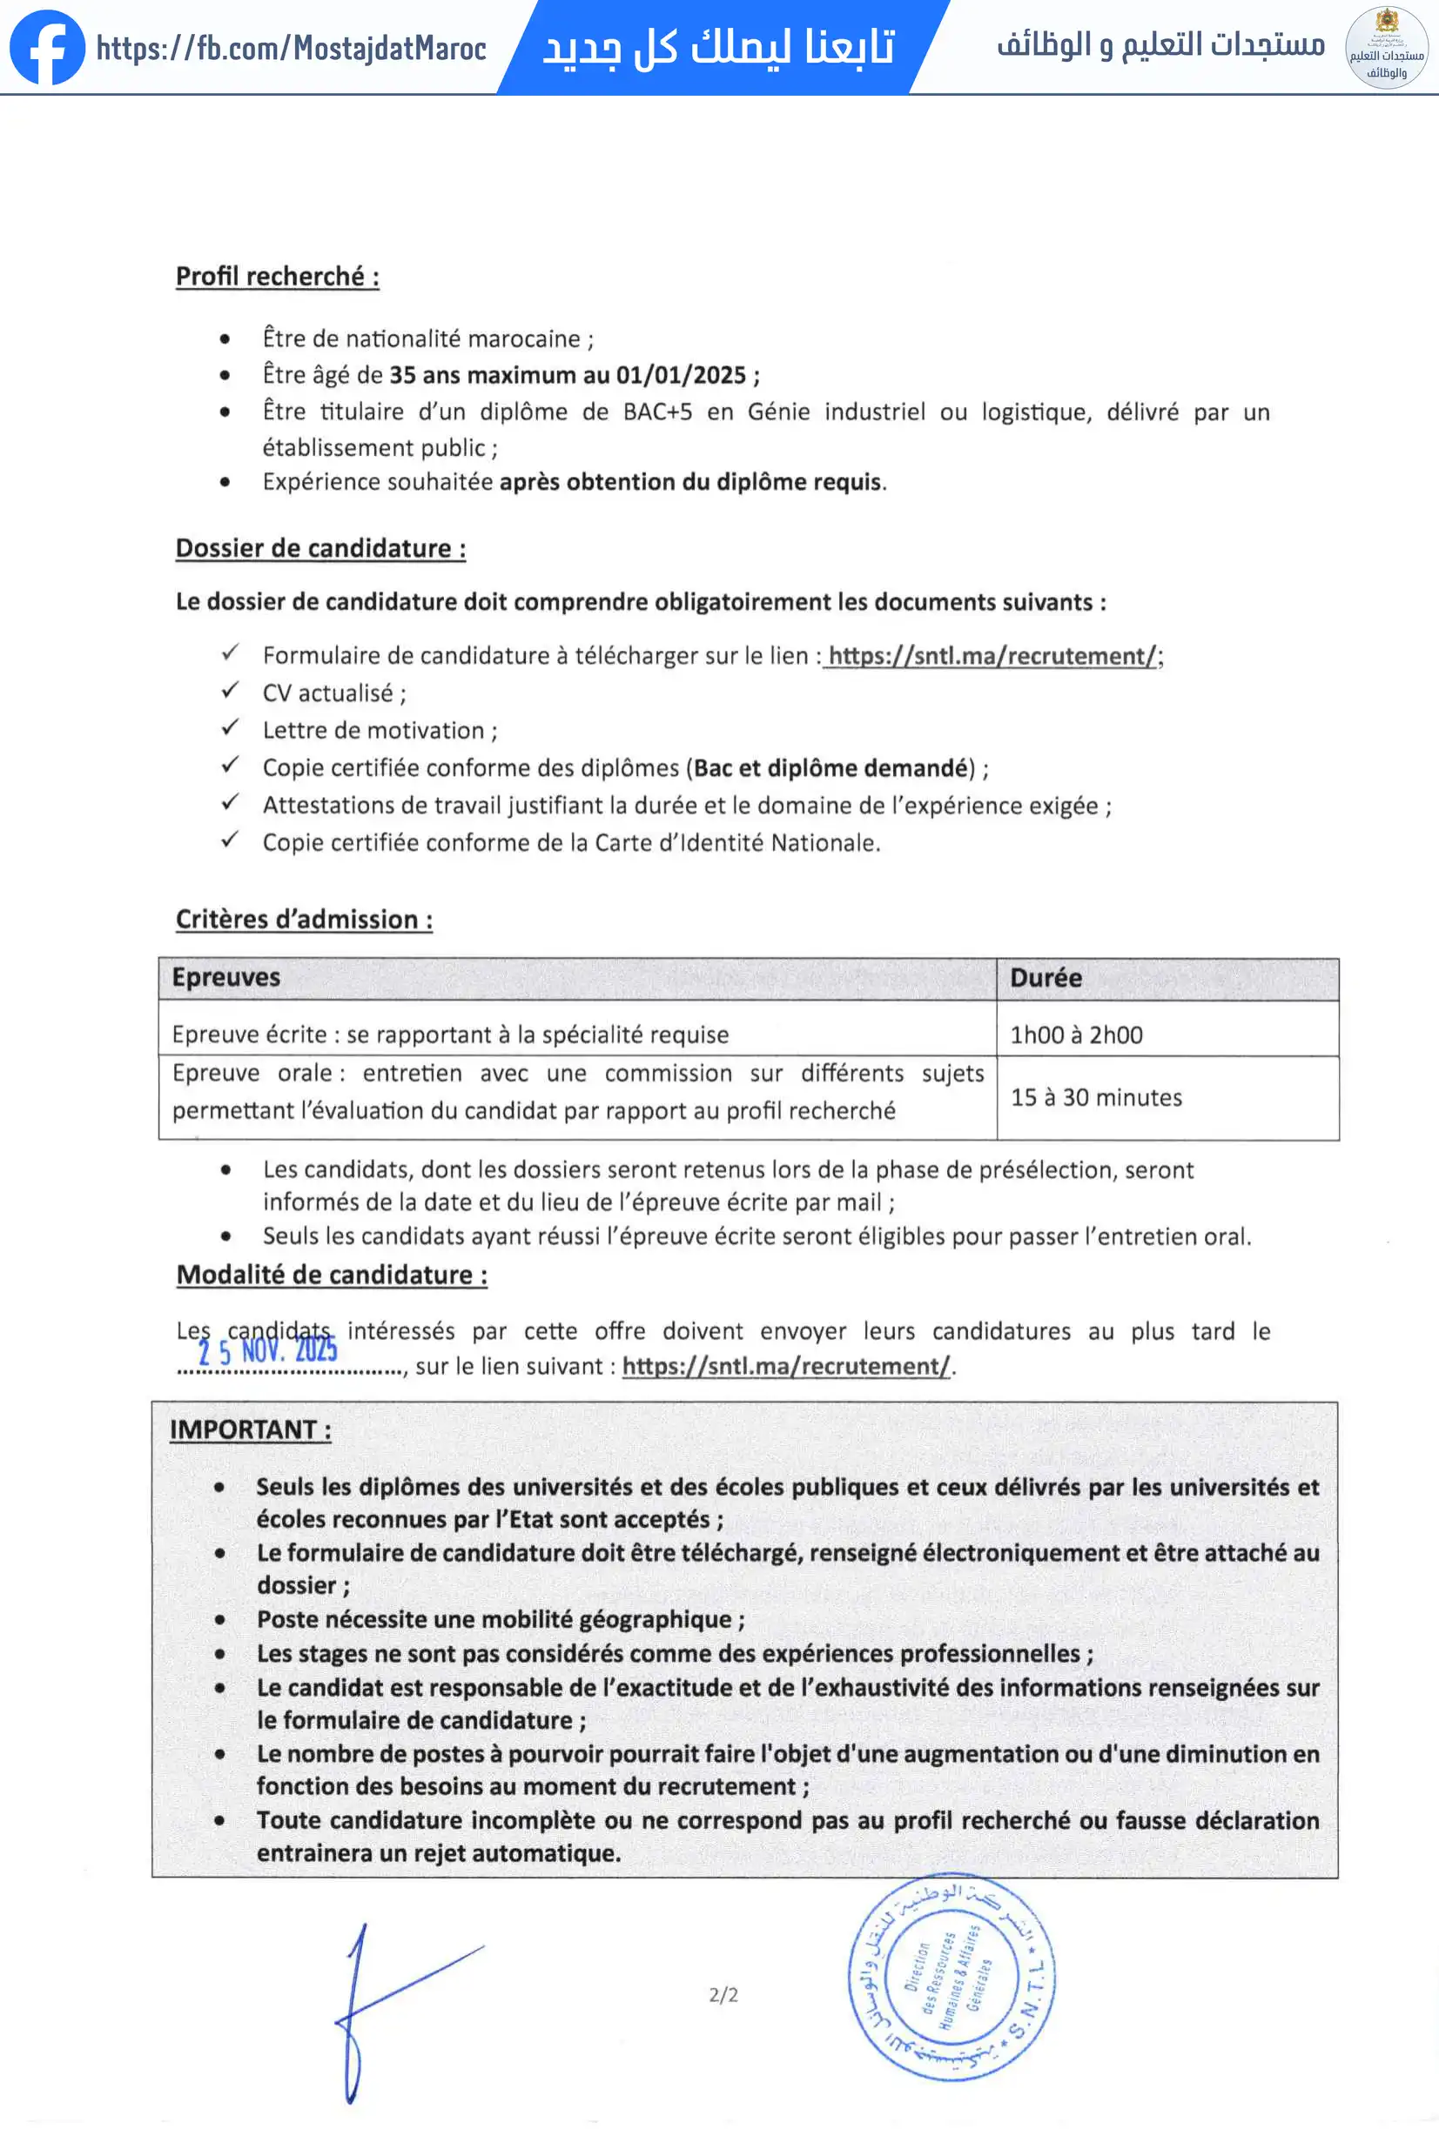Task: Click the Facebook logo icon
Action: [x=47, y=48]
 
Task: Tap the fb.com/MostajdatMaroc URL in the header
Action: [x=291, y=48]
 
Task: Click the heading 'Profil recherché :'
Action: [x=277, y=277]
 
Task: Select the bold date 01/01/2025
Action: [x=681, y=376]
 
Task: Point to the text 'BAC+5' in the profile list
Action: [x=657, y=412]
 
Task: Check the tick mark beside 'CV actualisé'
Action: [x=230, y=691]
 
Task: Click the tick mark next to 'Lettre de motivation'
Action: [x=230, y=728]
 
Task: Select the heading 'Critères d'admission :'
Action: [x=303, y=920]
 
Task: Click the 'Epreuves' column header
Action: [x=226, y=977]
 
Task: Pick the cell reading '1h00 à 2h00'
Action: [x=1076, y=1035]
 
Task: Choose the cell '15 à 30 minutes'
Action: [x=1096, y=1097]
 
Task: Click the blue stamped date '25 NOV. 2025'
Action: [x=267, y=1350]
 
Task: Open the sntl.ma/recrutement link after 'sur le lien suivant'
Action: [x=786, y=1367]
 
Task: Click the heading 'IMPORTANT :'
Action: [x=250, y=1430]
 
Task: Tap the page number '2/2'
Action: [x=723, y=1995]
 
